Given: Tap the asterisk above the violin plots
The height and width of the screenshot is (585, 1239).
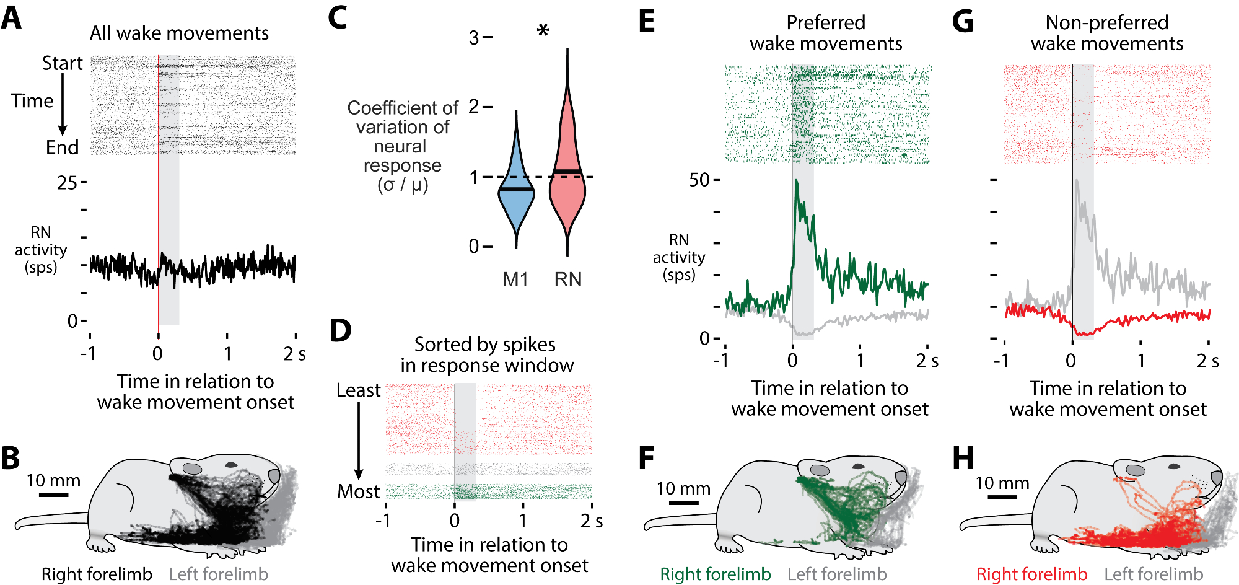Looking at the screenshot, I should [543, 30].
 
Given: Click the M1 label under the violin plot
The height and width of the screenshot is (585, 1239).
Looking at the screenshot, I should [515, 279].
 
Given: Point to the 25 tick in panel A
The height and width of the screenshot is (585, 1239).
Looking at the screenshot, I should [67, 183].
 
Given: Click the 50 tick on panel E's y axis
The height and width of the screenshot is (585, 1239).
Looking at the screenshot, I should [699, 180].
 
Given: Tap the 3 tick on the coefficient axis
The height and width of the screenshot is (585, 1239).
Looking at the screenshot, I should [474, 38].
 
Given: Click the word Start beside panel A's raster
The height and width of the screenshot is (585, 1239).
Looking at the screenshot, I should [62, 63].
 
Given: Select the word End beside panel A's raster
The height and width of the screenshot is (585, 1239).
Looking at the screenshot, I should [62, 147].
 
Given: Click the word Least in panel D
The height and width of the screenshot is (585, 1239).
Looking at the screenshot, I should [358, 390].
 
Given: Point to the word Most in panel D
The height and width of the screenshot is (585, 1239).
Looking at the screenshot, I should [358, 491].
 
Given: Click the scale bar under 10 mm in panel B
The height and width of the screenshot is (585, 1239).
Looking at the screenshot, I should [53, 495].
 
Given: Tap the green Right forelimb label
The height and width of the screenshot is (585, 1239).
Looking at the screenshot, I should [715, 574].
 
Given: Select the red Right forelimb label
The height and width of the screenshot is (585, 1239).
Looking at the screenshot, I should [1031, 574].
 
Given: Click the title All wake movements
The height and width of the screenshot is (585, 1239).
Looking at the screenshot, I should [179, 33].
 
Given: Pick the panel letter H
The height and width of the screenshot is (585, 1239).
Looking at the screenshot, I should [963, 459].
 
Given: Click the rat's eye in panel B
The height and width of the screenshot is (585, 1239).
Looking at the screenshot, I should [231, 464].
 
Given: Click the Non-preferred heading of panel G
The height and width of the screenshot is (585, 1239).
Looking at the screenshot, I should [1106, 23].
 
